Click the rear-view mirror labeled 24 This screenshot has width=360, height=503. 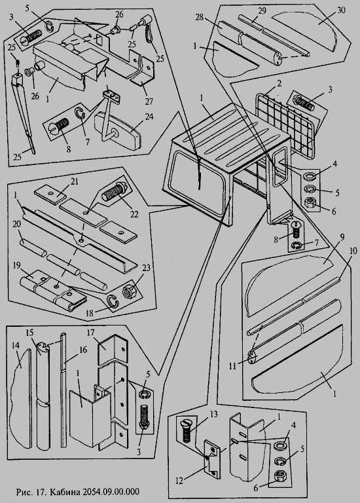point(118,125)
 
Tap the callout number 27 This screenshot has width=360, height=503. point(149,102)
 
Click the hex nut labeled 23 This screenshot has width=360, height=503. point(130,291)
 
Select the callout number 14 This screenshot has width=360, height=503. point(16,346)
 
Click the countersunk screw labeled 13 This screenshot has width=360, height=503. point(186,430)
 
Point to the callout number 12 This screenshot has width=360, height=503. point(181,481)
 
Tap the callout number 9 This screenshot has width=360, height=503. point(342,238)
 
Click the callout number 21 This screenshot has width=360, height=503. point(75,181)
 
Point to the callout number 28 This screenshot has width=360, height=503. point(200,16)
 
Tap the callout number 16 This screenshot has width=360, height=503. point(83,350)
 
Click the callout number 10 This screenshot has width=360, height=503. point(352,251)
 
